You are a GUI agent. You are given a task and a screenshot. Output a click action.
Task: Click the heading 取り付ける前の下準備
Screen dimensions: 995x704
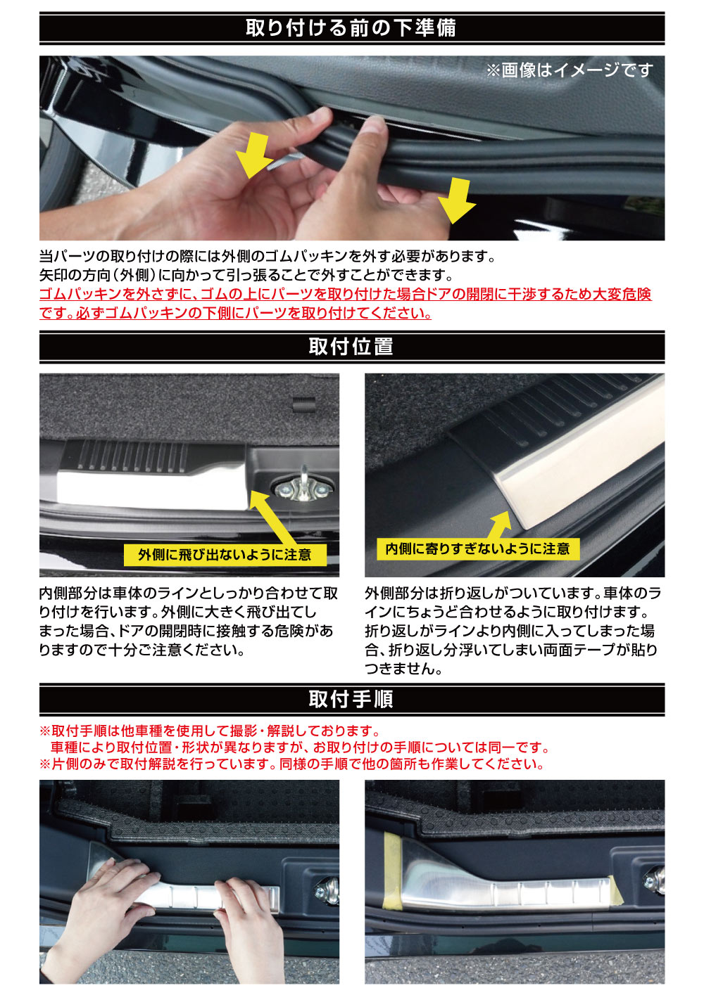click(x=351, y=27)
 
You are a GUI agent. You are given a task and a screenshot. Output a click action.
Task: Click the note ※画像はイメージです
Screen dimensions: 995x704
click(x=569, y=70)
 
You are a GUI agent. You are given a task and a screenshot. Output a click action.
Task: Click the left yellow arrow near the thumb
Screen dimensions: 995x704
click(x=254, y=155)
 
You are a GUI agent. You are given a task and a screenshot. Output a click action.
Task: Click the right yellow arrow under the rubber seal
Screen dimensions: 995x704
click(x=456, y=200)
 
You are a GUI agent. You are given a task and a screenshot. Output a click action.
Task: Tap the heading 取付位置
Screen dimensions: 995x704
click(x=351, y=347)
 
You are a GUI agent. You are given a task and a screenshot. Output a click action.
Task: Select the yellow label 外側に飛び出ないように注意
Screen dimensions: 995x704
click(x=225, y=555)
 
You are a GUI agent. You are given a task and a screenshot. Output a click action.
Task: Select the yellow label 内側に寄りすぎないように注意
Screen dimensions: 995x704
click(x=477, y=548)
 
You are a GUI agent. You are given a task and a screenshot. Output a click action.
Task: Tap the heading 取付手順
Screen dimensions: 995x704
click(x=351, y=699)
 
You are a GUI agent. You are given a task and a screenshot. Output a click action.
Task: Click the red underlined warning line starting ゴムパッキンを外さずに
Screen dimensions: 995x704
click(x=345, y=294)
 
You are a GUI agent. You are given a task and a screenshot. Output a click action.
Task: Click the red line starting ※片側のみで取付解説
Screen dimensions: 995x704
click(x=291, y=764)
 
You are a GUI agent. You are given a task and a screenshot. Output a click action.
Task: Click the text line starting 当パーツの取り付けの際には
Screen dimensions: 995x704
click(x=268, y=257)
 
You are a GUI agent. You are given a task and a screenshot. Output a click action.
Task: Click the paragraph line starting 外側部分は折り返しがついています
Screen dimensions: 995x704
click(x=513, y=593)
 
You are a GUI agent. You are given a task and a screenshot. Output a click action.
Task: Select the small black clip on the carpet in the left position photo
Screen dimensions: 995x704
click(x=303, y=404)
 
